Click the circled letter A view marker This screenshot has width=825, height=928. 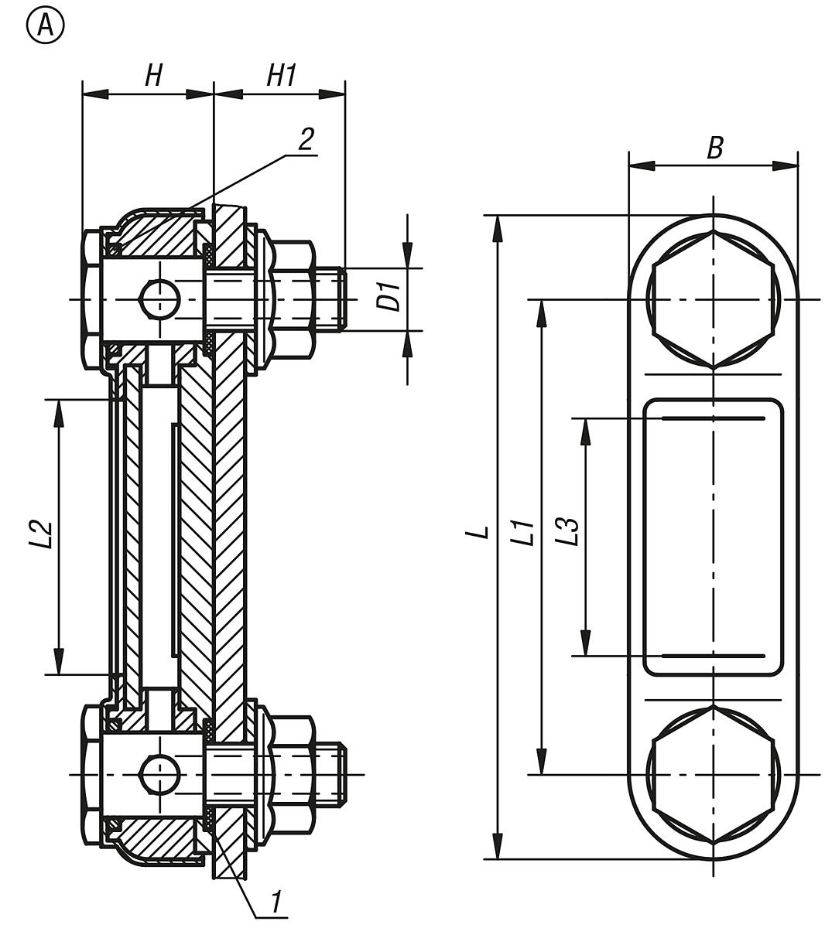[46, 26]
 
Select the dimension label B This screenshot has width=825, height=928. [715, 147]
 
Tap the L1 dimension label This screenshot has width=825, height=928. [526, 534]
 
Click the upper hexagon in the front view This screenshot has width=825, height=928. [713, 299]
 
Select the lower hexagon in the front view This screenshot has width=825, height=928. [713, 774]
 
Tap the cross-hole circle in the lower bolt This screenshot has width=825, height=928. [159, 774]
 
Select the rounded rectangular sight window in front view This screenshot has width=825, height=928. [713, 537]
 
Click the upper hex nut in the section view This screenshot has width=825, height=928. [293, 299]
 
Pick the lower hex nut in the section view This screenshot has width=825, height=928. [293, 774]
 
